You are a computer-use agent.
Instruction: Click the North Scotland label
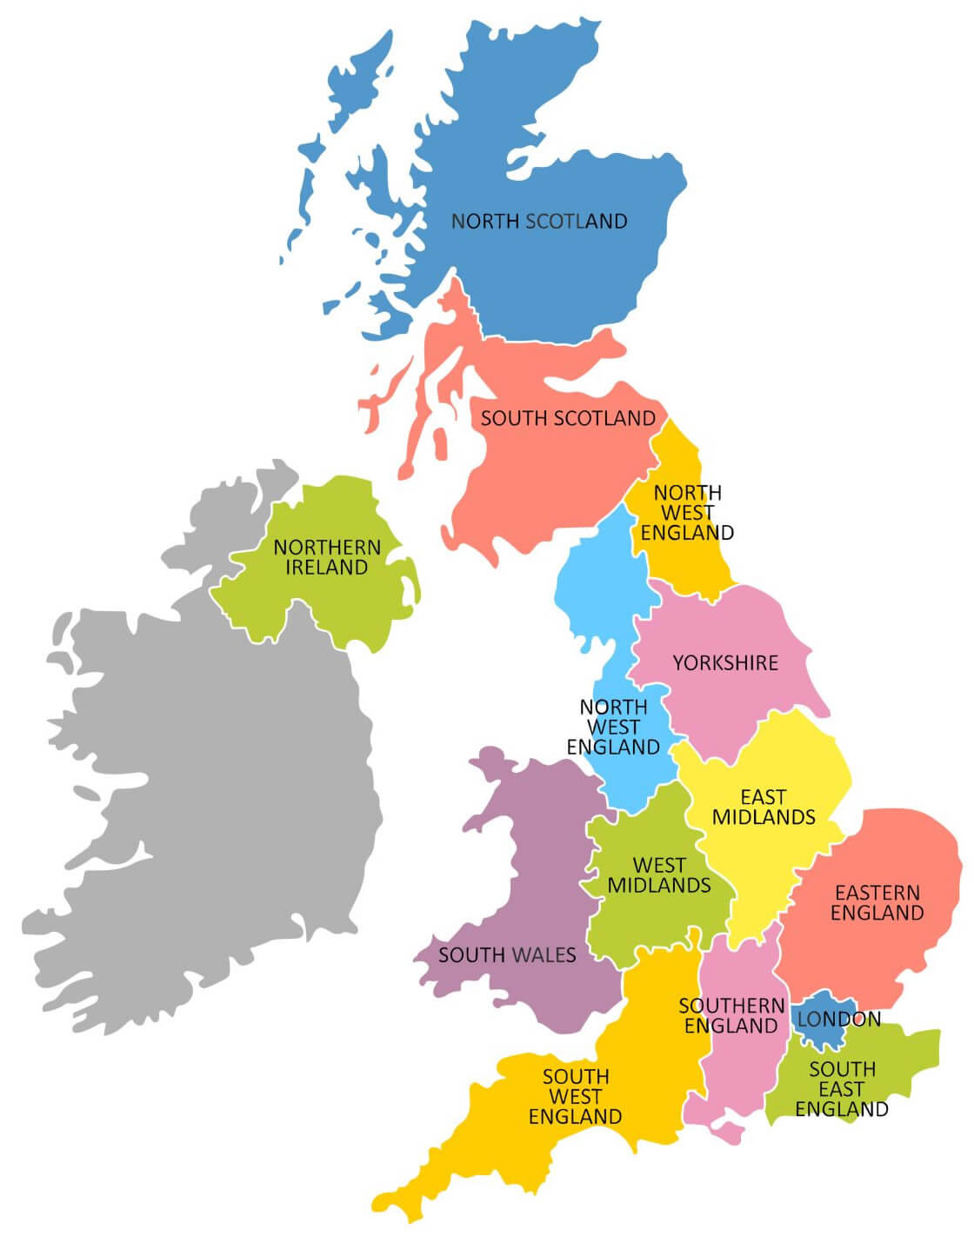point(539,221)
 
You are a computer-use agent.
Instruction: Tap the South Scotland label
point(568,418)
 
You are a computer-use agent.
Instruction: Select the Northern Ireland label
point(327,557)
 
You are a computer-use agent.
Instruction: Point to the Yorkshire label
point(725,663)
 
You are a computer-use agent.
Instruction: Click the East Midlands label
point(764,807)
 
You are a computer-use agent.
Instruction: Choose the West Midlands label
point(659,875)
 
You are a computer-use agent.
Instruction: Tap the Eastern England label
point(877,902)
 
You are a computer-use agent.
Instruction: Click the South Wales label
point(507,955)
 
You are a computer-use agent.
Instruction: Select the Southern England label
point(731,1015)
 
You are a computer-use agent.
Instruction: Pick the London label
point(839,1019)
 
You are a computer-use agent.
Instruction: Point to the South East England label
point(842,1089)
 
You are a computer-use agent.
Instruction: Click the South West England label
point(576,1096)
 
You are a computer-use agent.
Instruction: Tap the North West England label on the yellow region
point(687,513)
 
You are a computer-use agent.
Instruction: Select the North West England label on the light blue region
point(614,727)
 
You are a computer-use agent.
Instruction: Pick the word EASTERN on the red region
point(877,893)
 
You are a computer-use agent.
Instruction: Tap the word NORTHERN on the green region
point(327,548)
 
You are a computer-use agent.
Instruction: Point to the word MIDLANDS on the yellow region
point(764,817)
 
